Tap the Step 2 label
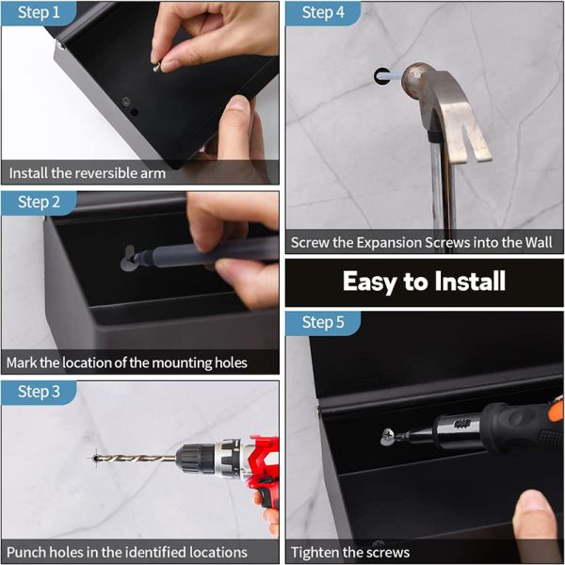pos(38,202)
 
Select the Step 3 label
pos(38,392)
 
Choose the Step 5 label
pos(323,323)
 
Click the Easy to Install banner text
pos(424,282)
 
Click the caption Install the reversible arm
pos(88,173)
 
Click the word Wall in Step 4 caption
pos(539,243)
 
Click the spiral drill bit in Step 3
pos(141,459)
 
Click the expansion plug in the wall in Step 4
pos(381,74)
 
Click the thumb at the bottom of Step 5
pos(537,513)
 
